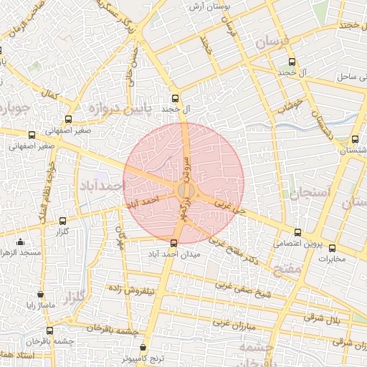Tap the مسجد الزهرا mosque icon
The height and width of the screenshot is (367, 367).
21,242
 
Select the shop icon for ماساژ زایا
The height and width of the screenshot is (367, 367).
40,294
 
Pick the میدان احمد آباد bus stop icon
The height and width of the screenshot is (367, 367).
173,242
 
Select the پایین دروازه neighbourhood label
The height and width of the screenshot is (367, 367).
116,109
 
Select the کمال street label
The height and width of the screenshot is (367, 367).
49,95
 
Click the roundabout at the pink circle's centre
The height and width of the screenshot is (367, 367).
183,191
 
